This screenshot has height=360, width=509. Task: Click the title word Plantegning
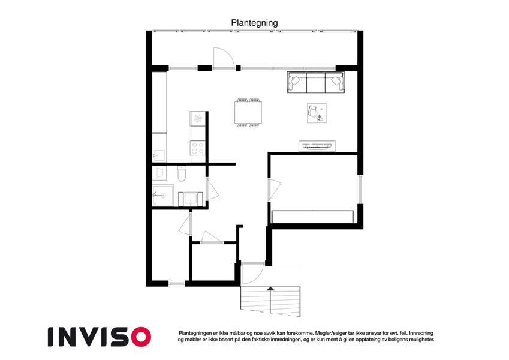pyautogui.click(x=254, y=23)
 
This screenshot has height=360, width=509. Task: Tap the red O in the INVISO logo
pyautogui.click(x=141, y=337)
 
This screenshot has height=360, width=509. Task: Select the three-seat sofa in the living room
pyautogui.click(x=316, y=82)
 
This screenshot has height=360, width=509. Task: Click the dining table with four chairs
pyautogui.click(x=248, y=112)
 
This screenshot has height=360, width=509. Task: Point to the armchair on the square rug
pyautogui.click(x=313, y=111)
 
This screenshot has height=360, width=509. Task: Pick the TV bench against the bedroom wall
pyautogui.click(x=317, y=146)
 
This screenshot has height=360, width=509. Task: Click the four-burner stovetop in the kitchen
pyautogui.click(x=198, y=148)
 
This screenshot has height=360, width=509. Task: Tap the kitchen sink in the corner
pyautogui.click(x=159, y=155)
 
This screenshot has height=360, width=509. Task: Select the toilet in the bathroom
pyautogui.click(x=182, y=173)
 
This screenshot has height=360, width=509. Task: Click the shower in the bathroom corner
pyautogui.click(x=163, y=195)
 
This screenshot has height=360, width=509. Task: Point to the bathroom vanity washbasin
pyautogui.click(x=190, y=199)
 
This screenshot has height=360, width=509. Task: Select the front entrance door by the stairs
pyautogui.click(x=252, y=273)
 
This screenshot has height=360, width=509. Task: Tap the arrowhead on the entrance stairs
pyautogui.click(x=270, y=288)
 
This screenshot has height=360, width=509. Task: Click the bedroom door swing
pyautogui.click(x=275, y=189)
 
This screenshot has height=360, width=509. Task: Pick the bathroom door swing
pyautogui.click(x=213, y=188)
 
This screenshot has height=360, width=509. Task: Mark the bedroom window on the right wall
pyautogui.click(x=360, y=190)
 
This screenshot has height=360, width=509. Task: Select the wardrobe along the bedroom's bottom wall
pyautogui.click(x=312, y=217)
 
